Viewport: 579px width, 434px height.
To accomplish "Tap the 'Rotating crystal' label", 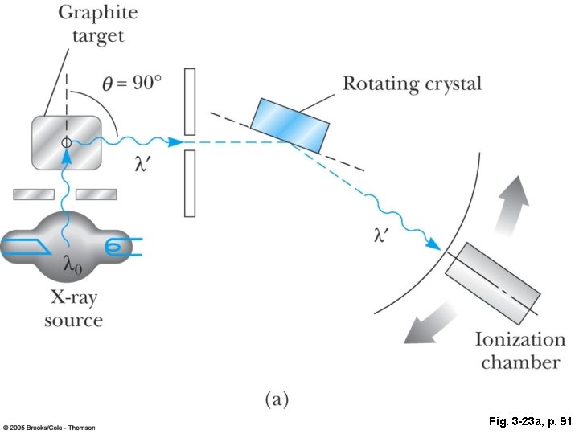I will (412, 83).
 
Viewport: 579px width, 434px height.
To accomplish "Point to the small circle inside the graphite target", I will (66, 142).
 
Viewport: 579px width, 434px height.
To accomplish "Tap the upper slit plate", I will (190, 101).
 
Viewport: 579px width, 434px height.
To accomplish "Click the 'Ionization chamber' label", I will (520, 350).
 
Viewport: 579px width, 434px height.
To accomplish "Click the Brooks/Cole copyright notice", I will (49, 427).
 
